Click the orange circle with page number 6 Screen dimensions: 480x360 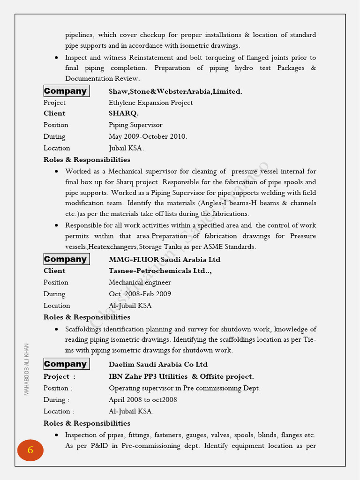(30, 450)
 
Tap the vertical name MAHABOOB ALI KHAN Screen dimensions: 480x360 (27, 369)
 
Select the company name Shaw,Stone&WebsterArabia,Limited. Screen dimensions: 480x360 (175, 91)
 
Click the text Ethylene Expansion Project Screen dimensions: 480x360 (150, 103)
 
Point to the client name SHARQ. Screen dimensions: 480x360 (124, 113)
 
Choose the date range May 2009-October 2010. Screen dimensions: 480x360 (148, 136)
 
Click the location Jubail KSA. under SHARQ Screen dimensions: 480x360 (126, 148)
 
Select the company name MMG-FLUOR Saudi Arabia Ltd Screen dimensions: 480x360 (164, 259)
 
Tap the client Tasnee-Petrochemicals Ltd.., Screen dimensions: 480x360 (160, 270)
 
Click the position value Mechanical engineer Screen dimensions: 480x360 (140, 282)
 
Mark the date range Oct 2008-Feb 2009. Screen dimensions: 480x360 (141, 294)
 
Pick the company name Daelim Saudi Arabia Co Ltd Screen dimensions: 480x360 (158, 364)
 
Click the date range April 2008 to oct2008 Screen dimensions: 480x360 (142, 400)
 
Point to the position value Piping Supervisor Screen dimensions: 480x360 (135, 125)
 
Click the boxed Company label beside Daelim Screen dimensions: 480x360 (66, 364)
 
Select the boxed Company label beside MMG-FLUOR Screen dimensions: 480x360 (66, 259)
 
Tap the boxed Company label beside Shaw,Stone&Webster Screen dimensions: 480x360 (66, 91)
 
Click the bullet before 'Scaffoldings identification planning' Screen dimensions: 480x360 (56, 329)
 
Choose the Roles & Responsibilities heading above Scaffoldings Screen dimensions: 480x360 (87, 317)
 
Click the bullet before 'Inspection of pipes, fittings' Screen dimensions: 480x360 (56, 435)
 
